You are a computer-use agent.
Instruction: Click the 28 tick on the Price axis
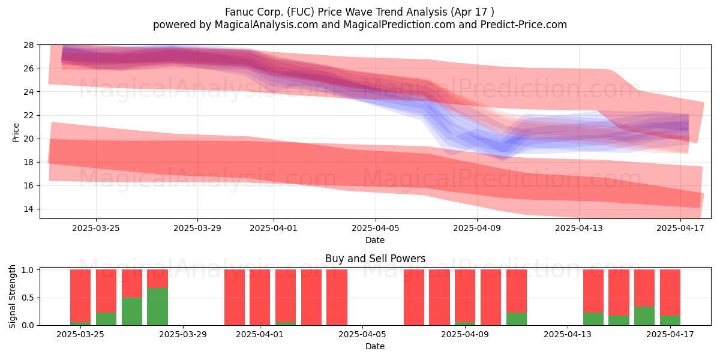[x=29, y=45]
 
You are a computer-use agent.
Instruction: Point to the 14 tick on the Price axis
[x=29, y=209]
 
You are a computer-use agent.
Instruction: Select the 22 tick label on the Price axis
[x=29, y=115]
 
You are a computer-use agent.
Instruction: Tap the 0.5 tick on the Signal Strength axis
[x=28, y=298]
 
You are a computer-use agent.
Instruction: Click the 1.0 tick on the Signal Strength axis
[x=28, y=269]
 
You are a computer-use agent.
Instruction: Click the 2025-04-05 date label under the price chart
[x=376, y=228]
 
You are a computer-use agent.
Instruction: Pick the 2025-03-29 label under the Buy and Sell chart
[x=183, y=334]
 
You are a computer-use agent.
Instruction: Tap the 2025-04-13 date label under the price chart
[x=579, y=228]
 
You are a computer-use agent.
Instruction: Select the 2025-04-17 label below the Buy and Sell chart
[x=670, y=334]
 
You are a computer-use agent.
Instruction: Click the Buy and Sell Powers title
[x=375, y=259]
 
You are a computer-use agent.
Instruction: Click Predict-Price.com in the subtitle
[x=524, y=25]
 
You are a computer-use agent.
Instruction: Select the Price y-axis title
[x=16, y=133]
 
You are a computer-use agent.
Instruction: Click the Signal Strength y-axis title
[x=12, y=296]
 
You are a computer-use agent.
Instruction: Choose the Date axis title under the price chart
[x=375, y=240]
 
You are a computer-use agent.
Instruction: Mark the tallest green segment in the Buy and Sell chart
[x=157, y=307]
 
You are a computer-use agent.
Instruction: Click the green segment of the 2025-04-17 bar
[x=670, y=320]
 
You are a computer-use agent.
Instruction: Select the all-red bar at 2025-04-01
[x=260, y=298]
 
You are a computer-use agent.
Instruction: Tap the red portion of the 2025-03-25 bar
[x=80, y=296]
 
